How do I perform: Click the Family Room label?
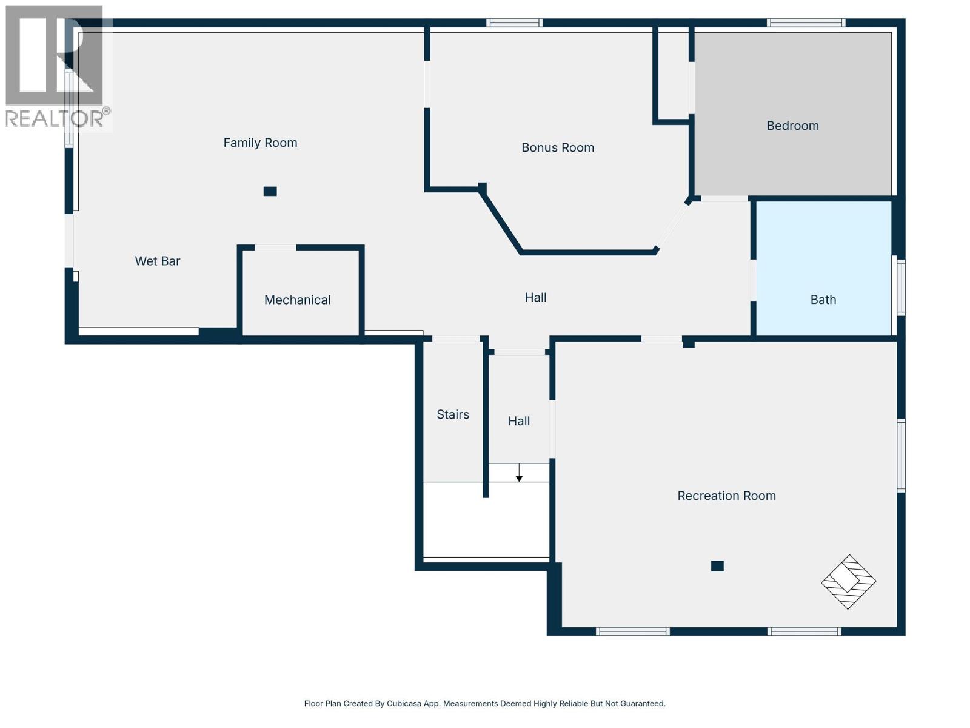click(x=260, y=143)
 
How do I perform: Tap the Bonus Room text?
click(x=558, y=147)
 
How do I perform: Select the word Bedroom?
click(x=792, y=126)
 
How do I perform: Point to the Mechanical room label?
click(x=297, y=300)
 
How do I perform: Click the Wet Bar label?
click(x=158, y=261)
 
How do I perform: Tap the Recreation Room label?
click(x=726, y=496)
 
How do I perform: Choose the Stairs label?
click(x=453, y=414)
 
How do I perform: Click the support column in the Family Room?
click(x=270, y=191)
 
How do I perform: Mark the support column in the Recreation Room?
click(x=717, y=566)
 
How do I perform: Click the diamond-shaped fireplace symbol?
click(x=849, y=582)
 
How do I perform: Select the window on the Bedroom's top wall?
click(x=806, y=23)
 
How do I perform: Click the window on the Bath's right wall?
click(x=901, y=288)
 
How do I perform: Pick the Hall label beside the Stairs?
click(x=519, y=421)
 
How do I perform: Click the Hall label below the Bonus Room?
click(x=535, y=297)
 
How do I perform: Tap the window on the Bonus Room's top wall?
click(x=514, y=23)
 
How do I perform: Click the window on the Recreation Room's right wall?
click(x=901, y=455)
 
